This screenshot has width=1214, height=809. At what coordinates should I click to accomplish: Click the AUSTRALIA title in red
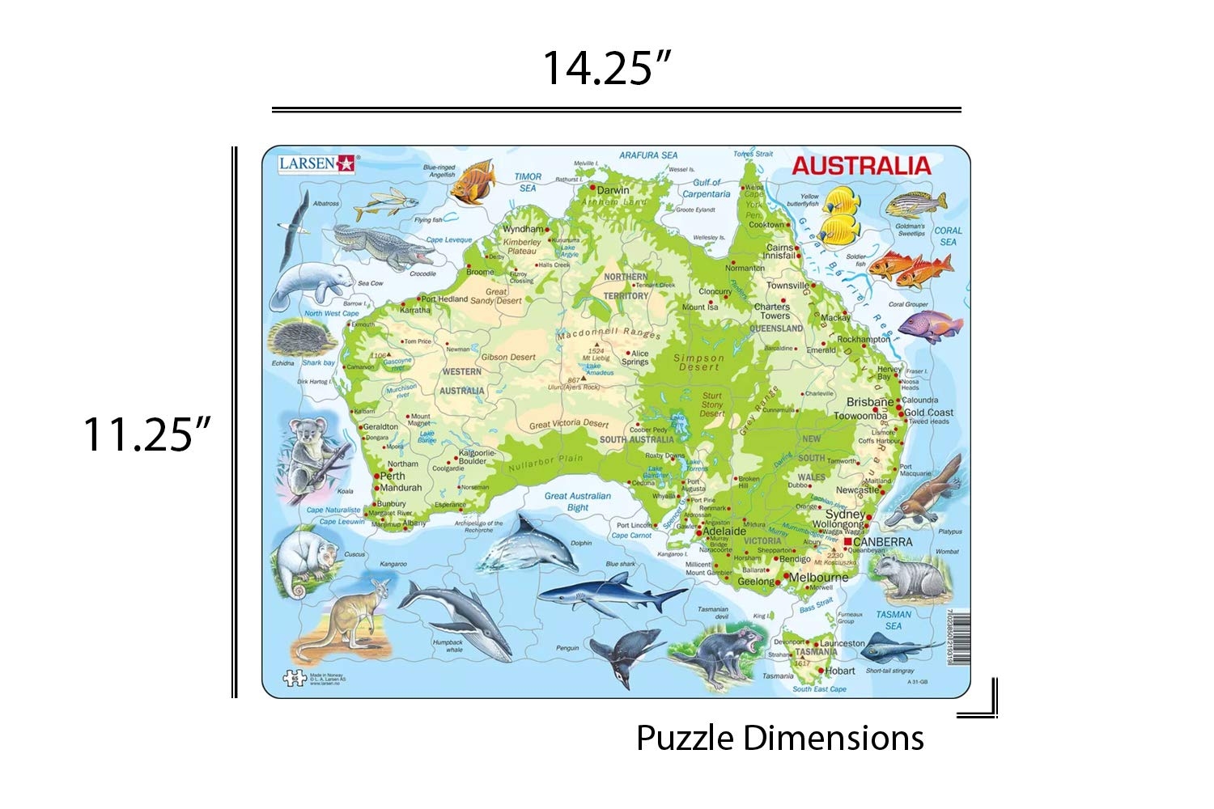point(861,166)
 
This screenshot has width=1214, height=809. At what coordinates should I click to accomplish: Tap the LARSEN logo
point(316,163)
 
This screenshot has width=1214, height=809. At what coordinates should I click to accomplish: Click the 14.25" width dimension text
point(607,68)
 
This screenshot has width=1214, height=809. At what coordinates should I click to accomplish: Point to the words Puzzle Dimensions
point(779,738)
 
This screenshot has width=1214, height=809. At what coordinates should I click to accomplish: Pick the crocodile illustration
point(384,246)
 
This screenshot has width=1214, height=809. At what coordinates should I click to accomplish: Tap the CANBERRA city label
point(882,542)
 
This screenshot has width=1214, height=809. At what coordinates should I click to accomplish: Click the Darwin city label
point(613,190)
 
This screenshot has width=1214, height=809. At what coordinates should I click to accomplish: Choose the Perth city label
point(393,476)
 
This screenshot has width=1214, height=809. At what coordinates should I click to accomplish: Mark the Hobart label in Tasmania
point(839,671)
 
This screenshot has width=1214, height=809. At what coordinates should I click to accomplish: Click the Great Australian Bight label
point(577,502)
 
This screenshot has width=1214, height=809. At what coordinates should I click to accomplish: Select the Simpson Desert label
point(699,362)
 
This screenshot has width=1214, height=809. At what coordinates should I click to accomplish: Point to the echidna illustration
point(301,340)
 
